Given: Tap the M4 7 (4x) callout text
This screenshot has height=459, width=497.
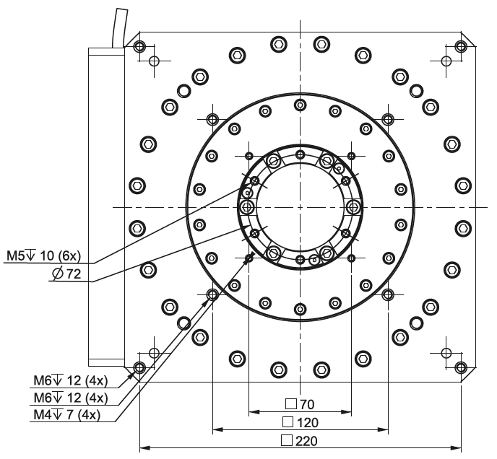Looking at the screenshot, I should (x=66, y=415).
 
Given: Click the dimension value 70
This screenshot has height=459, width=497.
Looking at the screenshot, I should (x=306, y=404).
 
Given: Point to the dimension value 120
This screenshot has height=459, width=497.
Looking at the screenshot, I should (x=306, y=422).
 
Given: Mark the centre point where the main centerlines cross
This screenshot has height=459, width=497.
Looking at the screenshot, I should (x=300, y=207).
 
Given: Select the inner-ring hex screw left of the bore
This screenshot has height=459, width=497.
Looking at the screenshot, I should (x=247, y=207).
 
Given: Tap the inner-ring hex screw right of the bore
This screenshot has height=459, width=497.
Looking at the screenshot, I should (x=353, y=207).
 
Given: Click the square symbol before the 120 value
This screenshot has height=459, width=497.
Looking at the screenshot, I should (x=288, y=422).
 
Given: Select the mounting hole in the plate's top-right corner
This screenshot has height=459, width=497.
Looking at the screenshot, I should (x=461, y=47).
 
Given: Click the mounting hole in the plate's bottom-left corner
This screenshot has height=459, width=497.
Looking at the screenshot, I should (x=139, y=370).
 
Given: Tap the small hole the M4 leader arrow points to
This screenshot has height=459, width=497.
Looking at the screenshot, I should (x=249, y=258).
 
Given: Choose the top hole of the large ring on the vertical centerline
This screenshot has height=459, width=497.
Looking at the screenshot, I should (x=300, y=105).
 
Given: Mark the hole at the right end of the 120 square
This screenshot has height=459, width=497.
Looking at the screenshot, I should (x=388, y=294).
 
